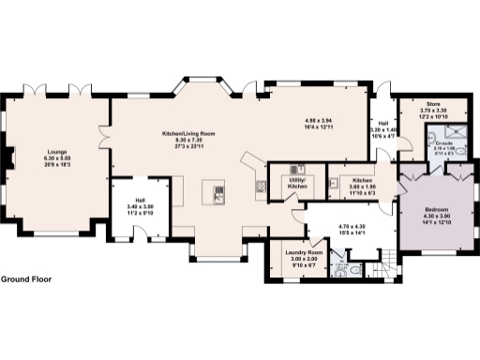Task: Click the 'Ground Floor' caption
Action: tap(26, 279)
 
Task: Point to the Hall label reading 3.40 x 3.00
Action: tap(138, 205)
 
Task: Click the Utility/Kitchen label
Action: tap(296, 185)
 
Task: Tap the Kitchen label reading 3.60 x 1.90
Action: tap(363, 184)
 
